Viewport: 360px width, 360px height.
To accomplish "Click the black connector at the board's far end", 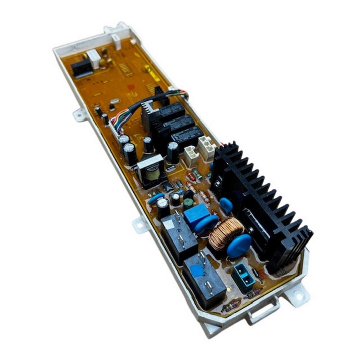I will click(x=81, y=67).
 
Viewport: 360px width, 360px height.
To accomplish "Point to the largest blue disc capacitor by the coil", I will click(x=239, y=245).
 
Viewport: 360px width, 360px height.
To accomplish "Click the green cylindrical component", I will click(x=188, y=201).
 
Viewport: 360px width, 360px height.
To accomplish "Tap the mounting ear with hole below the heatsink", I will click(x=297, y=295).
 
